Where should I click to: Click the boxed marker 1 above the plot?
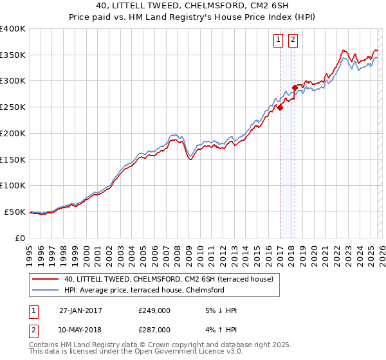(x=279, y=40)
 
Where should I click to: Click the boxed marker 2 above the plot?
(x=293, y=40)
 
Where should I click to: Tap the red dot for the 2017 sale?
(x=280, y=108)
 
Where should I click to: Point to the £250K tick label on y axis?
(x=13, y=107)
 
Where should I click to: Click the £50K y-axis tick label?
(x=15, y=212)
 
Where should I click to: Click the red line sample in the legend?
(x=45, y=279)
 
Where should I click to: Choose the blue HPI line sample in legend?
(x=45, y=290)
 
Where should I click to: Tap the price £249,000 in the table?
(x=154, y=310)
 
